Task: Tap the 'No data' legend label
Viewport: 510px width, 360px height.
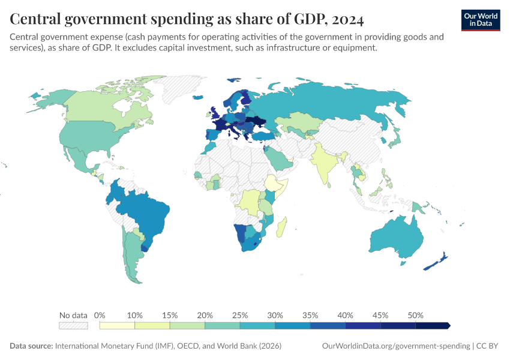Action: pos(73,315)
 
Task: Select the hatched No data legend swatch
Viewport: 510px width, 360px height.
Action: pos(73,325)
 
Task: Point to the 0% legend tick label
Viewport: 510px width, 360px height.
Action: pos(100,315)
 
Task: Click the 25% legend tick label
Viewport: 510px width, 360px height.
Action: pos(240,315)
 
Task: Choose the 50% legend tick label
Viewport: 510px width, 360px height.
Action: pos(415,315)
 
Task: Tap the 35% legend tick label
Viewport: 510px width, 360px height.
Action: pos(310,315)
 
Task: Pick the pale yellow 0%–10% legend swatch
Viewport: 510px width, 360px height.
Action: pos(117,325)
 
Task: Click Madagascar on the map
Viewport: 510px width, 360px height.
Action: pos(284,229)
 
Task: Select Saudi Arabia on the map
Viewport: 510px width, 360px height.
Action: pos(277,157)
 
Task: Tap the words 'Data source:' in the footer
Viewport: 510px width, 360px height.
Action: pos(31,346)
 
